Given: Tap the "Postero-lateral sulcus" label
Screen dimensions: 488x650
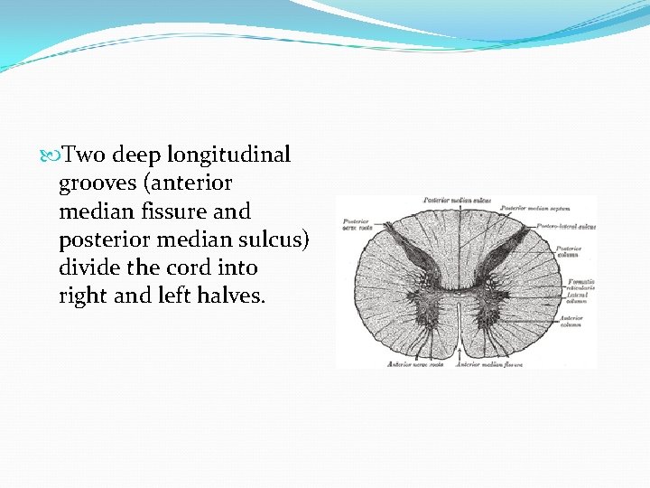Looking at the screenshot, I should pyautogui.click(x=566, y=226).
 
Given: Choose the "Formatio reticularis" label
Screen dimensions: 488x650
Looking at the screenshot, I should pyautogui.click(x=576, y=285).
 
